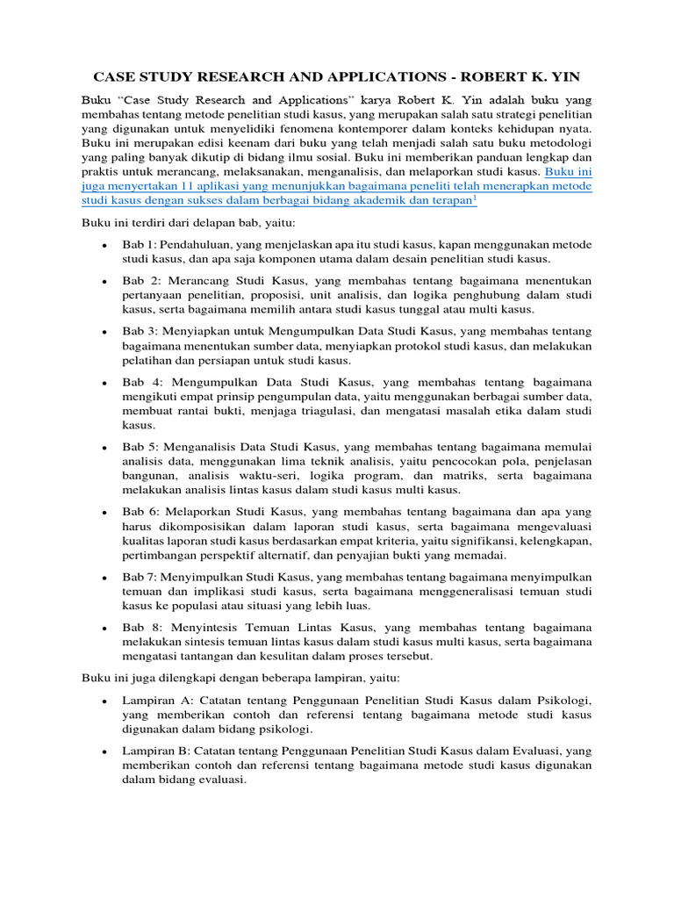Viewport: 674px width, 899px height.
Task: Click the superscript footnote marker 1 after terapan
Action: pyautogui.click(x=475, y=198)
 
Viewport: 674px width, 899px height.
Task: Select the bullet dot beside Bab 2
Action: pyautogui.click(x=104, y=281)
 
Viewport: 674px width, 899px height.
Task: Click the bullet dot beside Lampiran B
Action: pyautogui.click(x=104, y=752)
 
